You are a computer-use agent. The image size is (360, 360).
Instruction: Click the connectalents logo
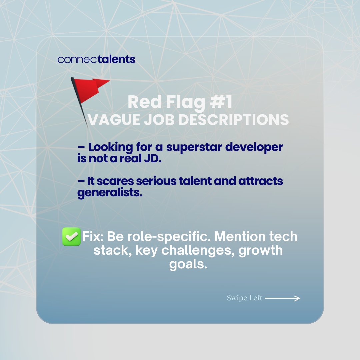pos(96,59)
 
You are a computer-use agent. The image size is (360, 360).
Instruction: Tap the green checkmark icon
pos(71,237)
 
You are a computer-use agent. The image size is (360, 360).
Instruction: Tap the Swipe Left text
pos(244,298)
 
